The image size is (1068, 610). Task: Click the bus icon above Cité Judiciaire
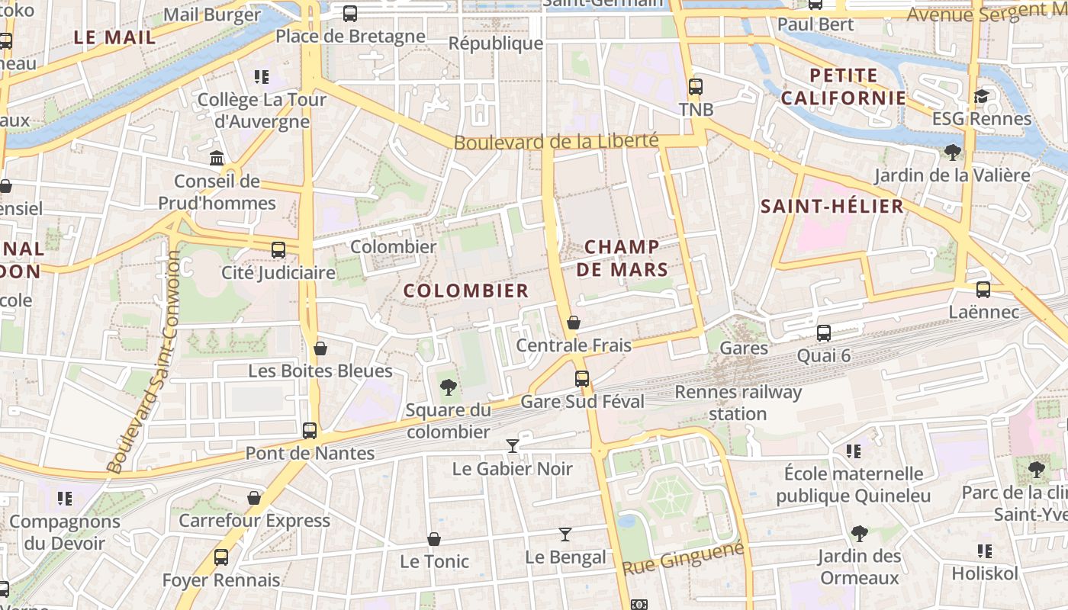coord(278,249)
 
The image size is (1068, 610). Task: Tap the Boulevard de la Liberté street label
coord(555,142)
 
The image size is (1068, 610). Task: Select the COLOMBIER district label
coord(465,291)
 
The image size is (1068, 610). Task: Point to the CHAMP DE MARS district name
coord(622,258)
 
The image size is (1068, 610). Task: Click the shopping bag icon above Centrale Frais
coord(574,323)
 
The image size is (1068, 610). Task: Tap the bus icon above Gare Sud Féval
coord(582,378)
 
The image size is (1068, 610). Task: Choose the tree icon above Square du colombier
coord(449,388)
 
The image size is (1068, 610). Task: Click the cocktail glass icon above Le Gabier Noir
coord(513,445)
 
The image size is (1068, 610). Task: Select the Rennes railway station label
coord(738,403)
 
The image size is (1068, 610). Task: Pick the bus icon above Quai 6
coord(824,332)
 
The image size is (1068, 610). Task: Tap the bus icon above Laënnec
coord(983,290)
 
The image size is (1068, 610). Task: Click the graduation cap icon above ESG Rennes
coord(981,96)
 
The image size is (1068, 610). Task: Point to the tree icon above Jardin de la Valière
coord(952,152)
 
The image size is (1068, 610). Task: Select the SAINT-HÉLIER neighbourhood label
coord(832,206)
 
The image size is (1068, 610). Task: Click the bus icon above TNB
coord(695,86)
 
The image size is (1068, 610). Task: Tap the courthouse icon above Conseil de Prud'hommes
coord(217,159)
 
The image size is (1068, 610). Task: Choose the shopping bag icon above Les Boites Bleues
coord(320,348)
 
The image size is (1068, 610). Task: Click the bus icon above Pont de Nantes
coord(310,430)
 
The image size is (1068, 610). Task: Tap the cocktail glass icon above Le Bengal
coord(565,535)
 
